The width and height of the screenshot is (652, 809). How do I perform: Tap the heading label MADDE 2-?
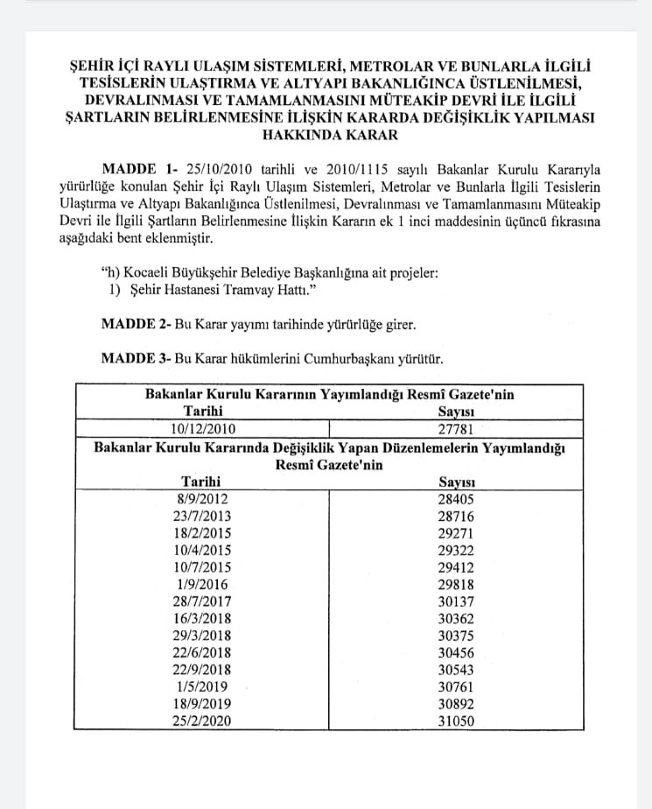point(136,324)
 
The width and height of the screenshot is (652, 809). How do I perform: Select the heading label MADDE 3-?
point(136,358)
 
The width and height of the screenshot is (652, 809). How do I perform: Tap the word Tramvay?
point(264,290)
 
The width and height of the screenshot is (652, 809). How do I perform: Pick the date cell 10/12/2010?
point(203,428)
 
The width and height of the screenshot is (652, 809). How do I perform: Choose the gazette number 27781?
point(455,428)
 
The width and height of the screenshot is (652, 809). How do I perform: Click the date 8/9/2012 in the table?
point(203,499)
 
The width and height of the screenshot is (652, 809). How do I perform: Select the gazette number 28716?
point(455,516)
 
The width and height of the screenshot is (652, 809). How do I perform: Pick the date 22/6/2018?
point(203,652)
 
